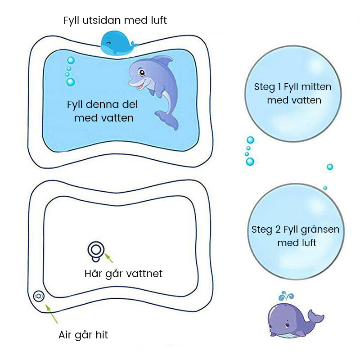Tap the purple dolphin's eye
point(142,73)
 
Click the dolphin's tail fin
point(167,119)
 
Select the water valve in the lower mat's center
point(96,251)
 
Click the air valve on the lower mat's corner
point(39,296)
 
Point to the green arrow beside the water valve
point(109,258)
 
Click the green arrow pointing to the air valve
point(51,314)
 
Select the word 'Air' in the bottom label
point(65,335)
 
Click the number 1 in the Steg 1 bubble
point(279,87)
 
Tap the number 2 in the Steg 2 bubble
point(278,229)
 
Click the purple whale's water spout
point(286,296)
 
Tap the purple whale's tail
point(316,316)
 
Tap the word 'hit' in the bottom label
point(102,335)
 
